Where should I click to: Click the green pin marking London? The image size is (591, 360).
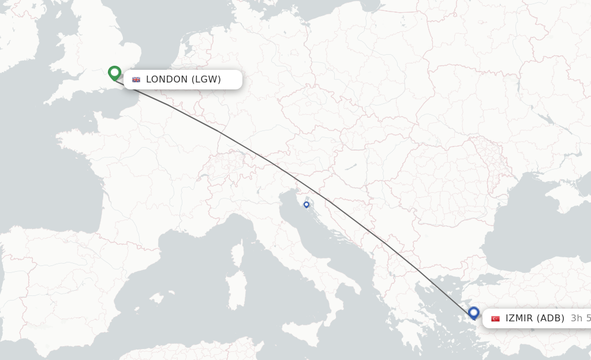tap(114, 73)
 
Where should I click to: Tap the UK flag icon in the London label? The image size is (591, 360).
tap(136, 80)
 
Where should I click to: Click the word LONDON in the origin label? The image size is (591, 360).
tap(167, 80)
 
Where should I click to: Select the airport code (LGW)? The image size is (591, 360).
tap(206, 80)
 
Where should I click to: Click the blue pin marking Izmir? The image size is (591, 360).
tap(474, 313)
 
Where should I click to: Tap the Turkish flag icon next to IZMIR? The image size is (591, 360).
tap(495, 318)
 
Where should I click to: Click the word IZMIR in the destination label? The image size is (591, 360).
tap(519, 318)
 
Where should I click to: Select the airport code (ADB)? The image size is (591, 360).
tap(551, 318)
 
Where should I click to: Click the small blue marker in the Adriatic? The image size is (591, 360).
tap(306, 204)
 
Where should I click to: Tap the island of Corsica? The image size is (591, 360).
tap(237, 254)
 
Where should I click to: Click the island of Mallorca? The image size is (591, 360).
tap(155, 298)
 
